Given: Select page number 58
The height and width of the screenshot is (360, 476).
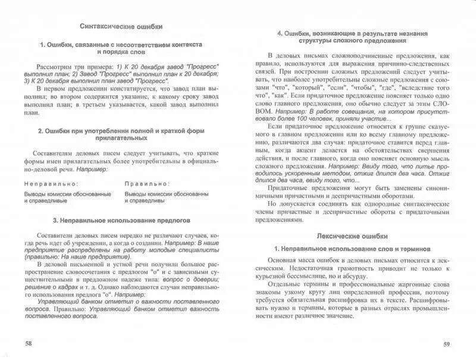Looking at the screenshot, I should pos(29,343).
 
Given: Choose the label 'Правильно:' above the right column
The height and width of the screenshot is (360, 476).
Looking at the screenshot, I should pos(146,184).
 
